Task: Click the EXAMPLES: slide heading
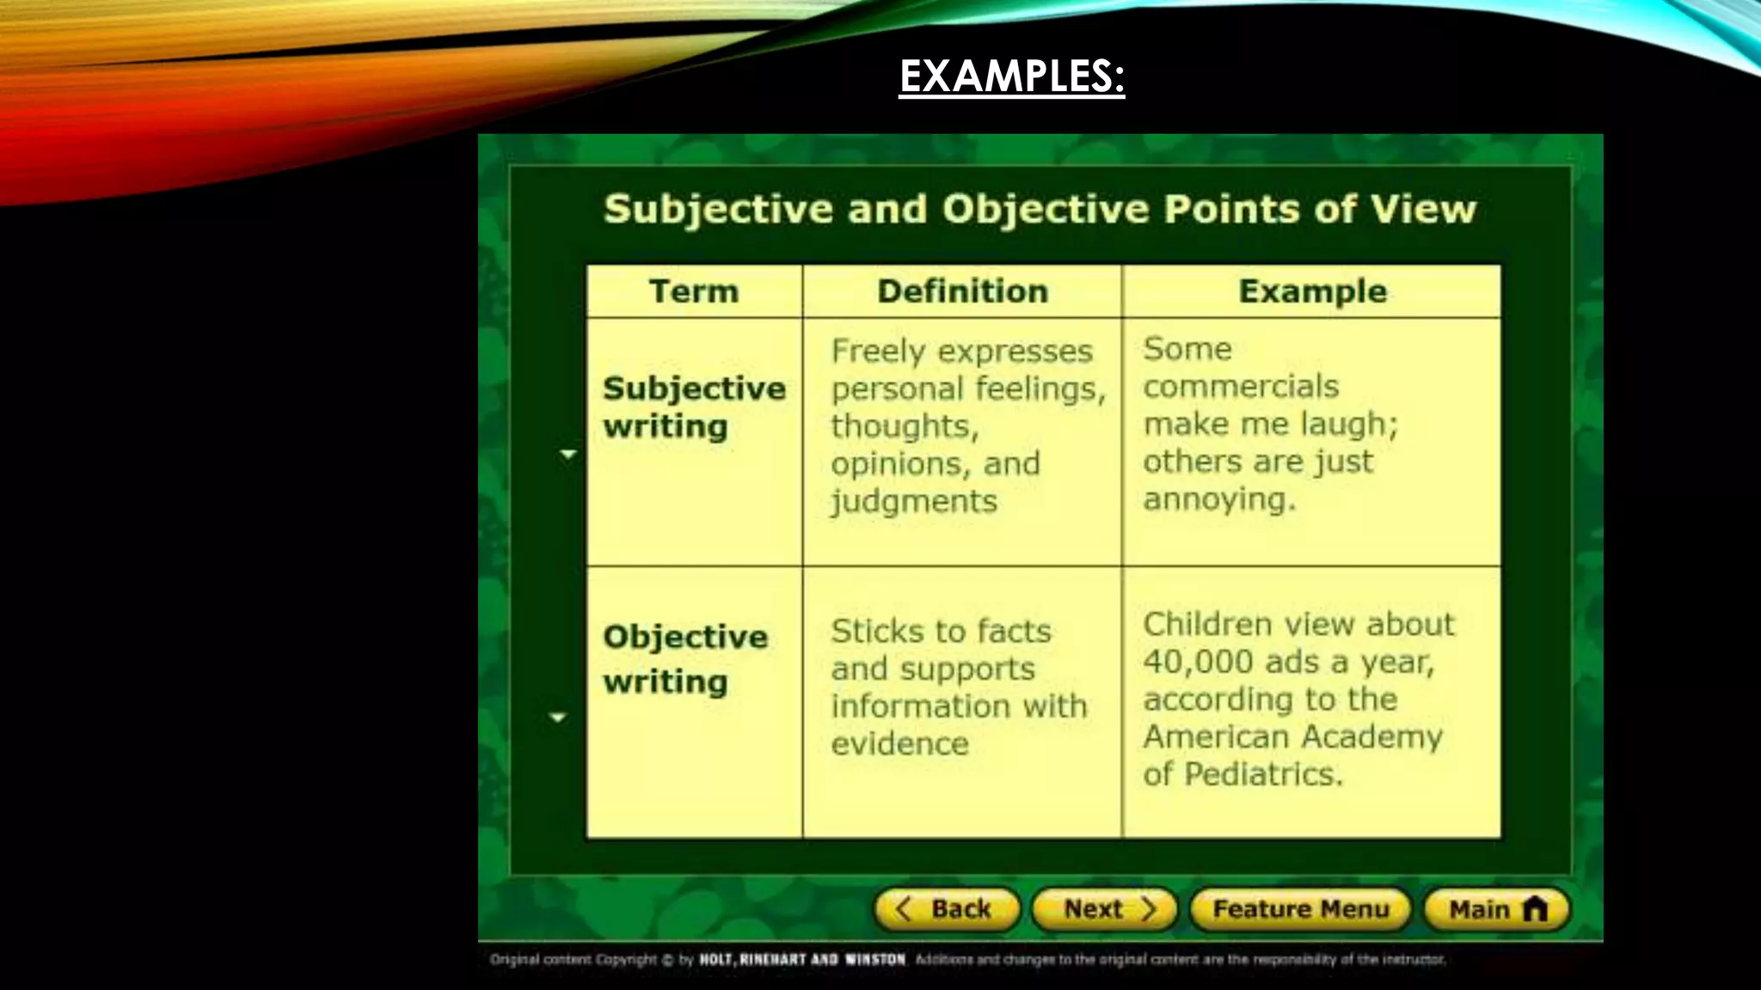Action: pos(1011,76)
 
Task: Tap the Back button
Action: pos(947,909)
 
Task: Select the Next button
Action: pos(1104,909)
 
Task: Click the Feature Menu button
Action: pos(1300,909)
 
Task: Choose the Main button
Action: pos(1496,909)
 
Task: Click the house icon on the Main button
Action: pos(1535,908)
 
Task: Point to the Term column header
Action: pos(694,291)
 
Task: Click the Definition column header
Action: pos(962,291)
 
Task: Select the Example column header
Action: pos(1312,291)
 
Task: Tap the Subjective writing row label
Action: pos(694,407)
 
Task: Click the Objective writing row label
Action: pos(685,658)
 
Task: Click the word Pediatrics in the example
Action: pos(1263,774)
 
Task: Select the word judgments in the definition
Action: pos(914,502)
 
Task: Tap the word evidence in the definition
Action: pos(899,744)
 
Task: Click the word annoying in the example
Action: pos(1218,499)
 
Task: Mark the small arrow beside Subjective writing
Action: pos(568,454)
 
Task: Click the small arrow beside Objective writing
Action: pos(558,717)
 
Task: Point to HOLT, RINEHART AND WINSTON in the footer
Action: pos(802,959)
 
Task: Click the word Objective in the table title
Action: pos(1045,209)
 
